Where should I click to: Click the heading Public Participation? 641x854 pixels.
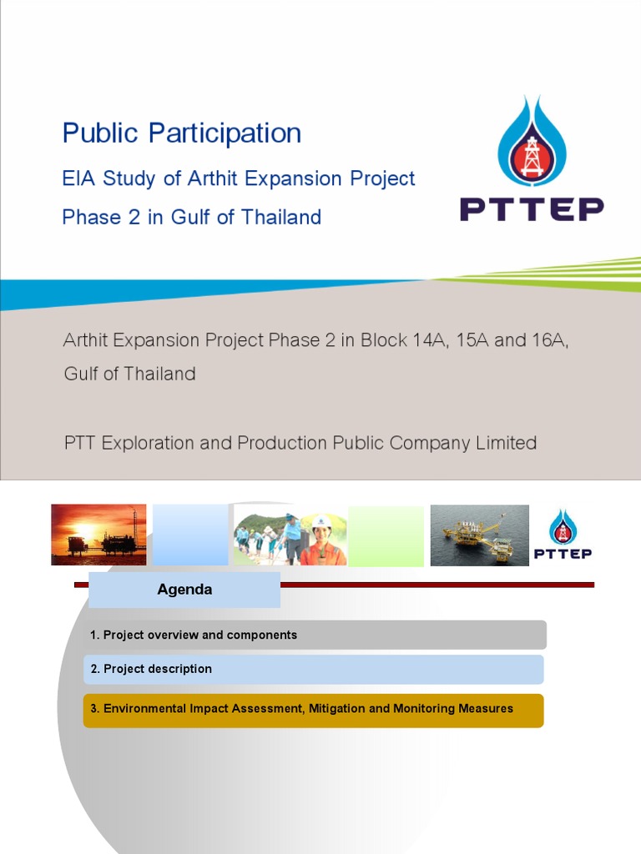182,133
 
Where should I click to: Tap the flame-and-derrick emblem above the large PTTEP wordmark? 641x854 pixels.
532,140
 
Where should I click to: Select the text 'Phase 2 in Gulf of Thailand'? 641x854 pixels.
191,217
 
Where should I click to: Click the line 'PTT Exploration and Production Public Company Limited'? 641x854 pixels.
300,443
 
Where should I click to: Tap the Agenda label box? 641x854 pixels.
184,590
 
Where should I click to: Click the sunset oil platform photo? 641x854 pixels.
98,535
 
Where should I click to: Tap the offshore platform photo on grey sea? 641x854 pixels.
479,535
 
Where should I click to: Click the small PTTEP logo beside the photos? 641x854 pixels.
563,535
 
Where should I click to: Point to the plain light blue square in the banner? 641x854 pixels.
189,535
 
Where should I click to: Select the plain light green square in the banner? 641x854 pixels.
386,535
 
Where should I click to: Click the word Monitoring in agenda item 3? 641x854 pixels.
424,709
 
